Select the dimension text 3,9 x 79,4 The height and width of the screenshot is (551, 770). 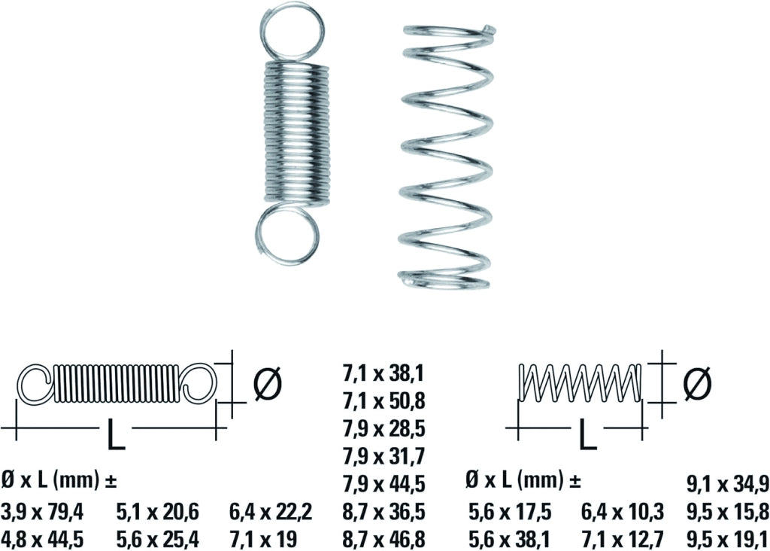43,512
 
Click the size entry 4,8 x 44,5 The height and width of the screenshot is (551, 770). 43,539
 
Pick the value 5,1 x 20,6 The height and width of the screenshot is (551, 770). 158,512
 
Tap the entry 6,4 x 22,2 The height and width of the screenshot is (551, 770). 271,512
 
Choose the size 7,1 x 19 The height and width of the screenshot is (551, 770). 262,539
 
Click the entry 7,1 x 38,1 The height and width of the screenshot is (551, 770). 383,375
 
